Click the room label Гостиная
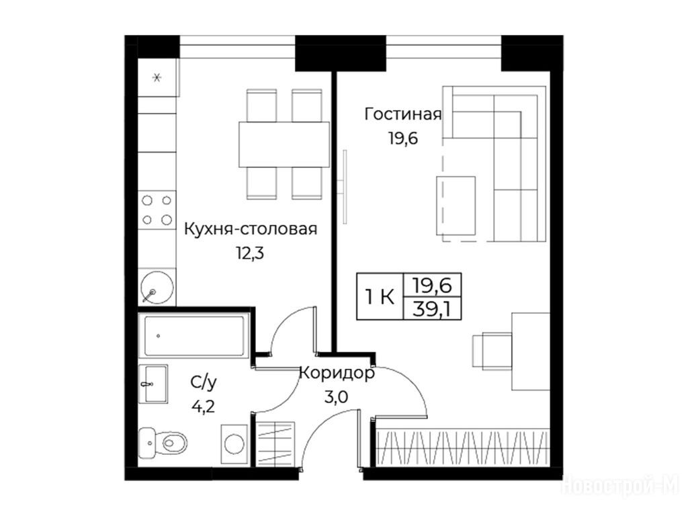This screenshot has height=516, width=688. point(403,114)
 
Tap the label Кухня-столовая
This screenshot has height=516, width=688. point(251,229)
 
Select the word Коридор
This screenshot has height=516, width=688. point(337,374)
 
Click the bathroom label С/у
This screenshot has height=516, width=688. point(204,383)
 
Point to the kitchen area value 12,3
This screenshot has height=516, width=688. point(250,253)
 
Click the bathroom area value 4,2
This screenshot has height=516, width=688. point(203,406)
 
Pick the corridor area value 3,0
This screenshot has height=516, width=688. point(336,398)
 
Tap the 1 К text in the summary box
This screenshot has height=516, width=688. point(380,298)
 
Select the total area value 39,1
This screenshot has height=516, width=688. point(432,310)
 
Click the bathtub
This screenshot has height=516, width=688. point(194,336)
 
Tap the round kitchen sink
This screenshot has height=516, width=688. point(157,288)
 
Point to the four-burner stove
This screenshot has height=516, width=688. point(157,210)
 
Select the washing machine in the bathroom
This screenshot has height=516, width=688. point(234,443)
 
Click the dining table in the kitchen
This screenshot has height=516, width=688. point(284,144)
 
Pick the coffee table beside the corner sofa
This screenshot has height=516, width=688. point(456,206)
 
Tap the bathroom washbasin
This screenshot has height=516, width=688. point(153,384)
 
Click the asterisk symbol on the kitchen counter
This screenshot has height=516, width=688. point(157,78)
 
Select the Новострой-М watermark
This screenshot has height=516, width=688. point(620,485)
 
